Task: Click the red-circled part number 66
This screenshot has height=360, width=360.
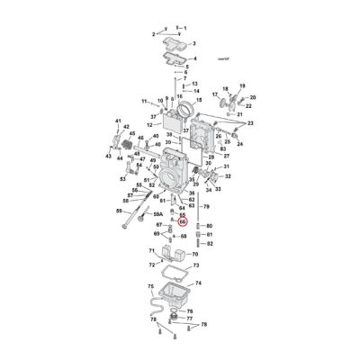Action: pyautogui.click(x=183, y=220)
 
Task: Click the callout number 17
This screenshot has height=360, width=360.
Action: pyautogui.click(x=215, y=93)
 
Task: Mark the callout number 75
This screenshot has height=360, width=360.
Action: pyautogui.click(x=150, y=285)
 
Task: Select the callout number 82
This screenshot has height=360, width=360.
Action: pyautogui.click(x=209, y=243)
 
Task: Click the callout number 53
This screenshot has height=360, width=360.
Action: pyautogui.click(x=121, y=178)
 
